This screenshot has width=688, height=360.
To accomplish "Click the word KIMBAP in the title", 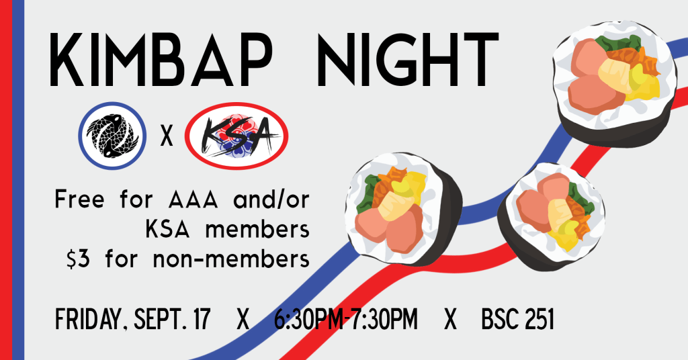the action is tap(160, 59).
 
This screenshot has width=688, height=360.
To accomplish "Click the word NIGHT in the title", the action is tap(408, 59).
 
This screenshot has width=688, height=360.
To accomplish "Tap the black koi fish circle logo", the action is tap(112, 136).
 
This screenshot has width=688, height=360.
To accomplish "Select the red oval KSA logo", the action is tap(236, 136).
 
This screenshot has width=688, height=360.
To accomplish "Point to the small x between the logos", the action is tap(167, 136).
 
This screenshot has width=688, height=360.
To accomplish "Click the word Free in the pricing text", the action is tap(80, 199).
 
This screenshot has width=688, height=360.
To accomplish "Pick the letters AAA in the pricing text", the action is tap(193, 200).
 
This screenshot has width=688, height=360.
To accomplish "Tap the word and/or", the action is tap(271, 200).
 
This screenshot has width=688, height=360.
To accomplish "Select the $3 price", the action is tap(78, 259).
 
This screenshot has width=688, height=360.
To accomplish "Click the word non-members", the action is tap(231, 259).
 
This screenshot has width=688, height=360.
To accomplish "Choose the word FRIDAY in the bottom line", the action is tap(88, 319).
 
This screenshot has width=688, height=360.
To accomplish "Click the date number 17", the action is tap(202, 319).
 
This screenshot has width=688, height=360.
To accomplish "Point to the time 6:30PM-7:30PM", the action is tap(346, 319).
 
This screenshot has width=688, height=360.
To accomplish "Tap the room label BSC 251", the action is tap(518, 319).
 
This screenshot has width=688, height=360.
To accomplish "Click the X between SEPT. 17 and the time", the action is tap(243, 319).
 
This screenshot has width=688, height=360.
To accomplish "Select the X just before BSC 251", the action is tap(450, 319).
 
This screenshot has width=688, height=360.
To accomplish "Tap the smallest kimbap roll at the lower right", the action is tap(552, 217).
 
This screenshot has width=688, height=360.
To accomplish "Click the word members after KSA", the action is tap(257, 230).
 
